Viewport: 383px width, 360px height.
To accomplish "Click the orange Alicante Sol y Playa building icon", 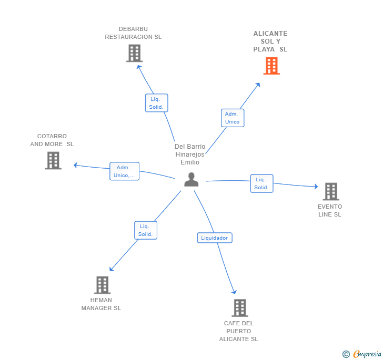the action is [271, 66].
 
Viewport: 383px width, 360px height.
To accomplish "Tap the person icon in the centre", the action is [191, 179].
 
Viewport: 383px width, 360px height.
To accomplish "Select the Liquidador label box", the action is [215, 238].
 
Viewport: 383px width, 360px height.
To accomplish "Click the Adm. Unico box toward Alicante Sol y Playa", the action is [233, 118].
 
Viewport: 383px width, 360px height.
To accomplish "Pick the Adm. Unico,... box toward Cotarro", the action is [124, 171].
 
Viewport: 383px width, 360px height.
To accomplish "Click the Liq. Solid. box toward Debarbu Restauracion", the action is [157, 103].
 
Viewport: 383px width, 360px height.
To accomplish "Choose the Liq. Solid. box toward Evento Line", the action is [261, 183].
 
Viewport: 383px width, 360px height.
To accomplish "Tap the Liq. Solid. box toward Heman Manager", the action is [146, 230].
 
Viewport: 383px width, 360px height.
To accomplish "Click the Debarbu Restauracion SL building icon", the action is [134, 53].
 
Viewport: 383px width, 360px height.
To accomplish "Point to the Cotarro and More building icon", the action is [53, 161].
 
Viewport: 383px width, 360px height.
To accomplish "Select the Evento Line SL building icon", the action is [331, 191].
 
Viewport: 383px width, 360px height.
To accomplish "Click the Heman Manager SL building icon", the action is [103, 285].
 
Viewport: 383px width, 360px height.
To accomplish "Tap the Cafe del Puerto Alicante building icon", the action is [240, 308].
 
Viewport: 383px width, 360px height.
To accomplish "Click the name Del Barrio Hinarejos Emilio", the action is [190, 155].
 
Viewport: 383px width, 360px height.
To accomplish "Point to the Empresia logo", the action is [362, 354].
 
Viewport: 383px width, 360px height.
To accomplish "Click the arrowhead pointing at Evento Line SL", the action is [316, 187].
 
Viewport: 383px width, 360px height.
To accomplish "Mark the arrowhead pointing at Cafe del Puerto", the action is [234, 292].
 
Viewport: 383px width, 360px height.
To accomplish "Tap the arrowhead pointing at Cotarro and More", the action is [75, 165].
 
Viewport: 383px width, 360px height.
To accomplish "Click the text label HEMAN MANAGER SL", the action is [101, 304].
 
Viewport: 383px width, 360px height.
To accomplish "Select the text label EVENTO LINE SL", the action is [330, 210].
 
